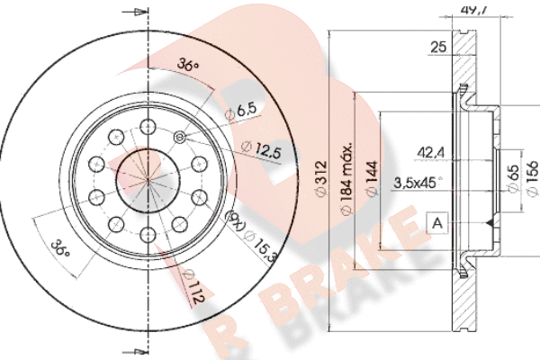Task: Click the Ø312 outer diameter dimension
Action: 321,178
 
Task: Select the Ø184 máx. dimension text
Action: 346,178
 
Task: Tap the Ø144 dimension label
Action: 372,178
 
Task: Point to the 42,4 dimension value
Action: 431,152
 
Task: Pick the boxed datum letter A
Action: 437,223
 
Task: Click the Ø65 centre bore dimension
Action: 513,178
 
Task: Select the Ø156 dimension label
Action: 532,178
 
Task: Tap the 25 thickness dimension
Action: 438,47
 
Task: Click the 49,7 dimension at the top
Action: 474,10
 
